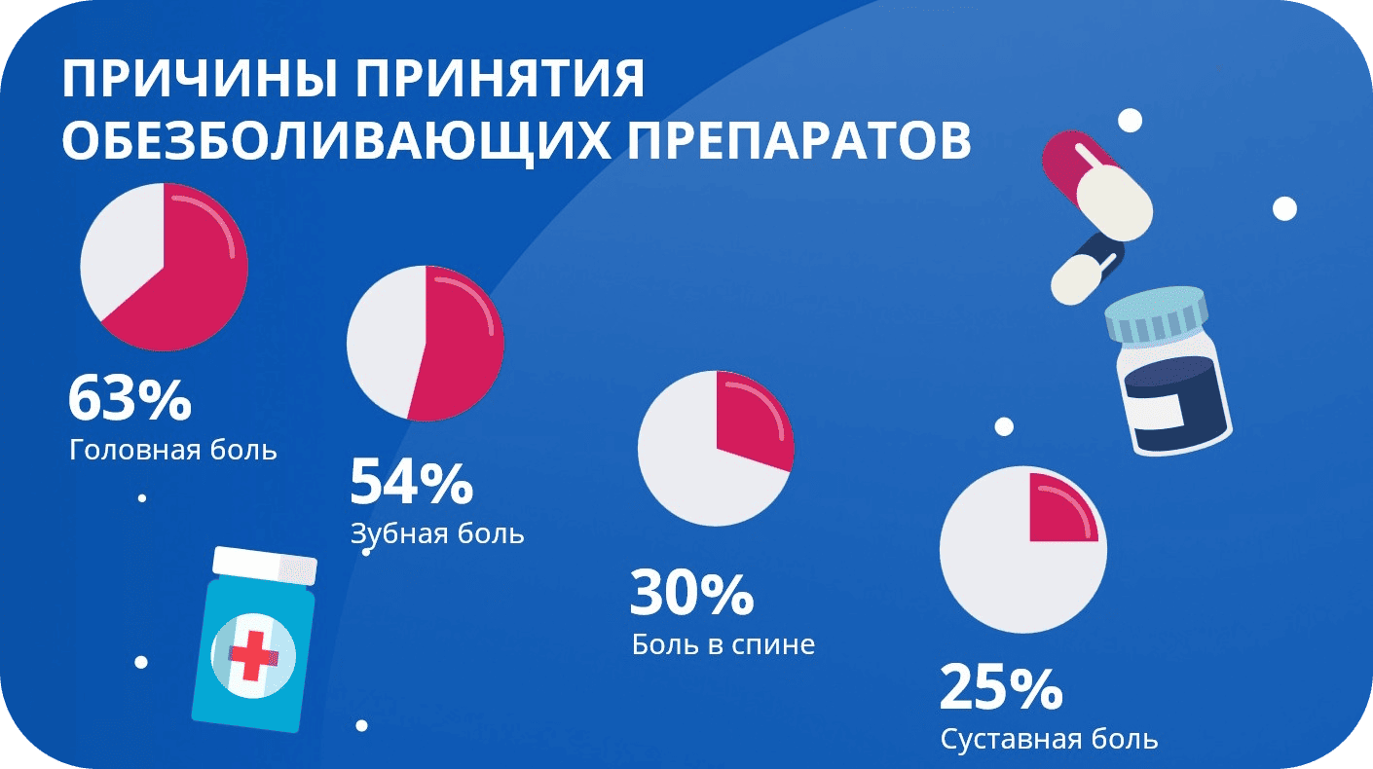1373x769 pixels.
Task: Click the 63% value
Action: (130, 399)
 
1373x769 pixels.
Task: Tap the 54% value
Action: (411, 483)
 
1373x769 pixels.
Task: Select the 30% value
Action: (692, 593)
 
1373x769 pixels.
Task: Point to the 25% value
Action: (1001, 688)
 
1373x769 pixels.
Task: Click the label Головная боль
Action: (173, 450)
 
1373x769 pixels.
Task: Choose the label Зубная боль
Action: (437, 533)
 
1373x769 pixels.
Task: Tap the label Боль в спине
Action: (724, 644)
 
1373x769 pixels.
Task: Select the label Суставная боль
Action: (1049, 739)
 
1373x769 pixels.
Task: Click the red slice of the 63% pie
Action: (190, 275)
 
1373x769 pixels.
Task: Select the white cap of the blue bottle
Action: (265, 565)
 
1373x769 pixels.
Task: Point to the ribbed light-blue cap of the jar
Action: (1157, 314)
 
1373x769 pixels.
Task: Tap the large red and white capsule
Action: (1097, 186)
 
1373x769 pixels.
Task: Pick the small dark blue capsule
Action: (1088, 270)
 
